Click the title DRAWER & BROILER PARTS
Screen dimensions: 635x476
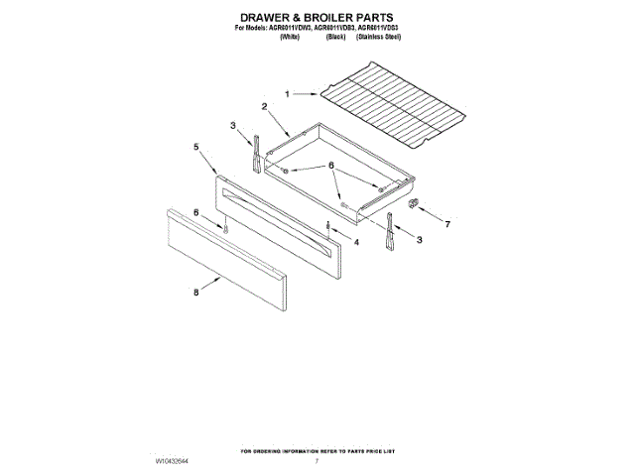pos(317,18)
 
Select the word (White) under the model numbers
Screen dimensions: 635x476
pos(291,36)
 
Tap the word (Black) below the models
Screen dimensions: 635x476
pos(334,36)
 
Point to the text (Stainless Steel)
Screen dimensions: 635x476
pos(379,36)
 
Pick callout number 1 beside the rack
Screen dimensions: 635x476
pos(288,93)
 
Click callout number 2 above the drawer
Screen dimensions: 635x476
pos(265,106)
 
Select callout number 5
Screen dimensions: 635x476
pos(197,146)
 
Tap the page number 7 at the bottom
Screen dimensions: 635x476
pos(317,461)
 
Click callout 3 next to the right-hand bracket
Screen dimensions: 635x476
pos(420,240)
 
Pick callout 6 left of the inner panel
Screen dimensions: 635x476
pos(195,212)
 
